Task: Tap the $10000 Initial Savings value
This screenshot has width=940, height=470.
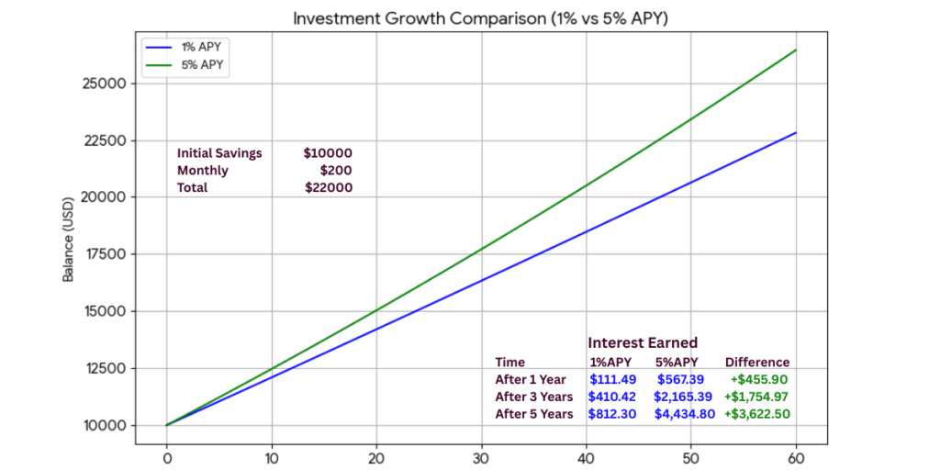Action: tap(328, 153)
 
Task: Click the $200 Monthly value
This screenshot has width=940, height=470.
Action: tap(336, 170)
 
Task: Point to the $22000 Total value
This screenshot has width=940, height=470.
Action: tap(328, 187)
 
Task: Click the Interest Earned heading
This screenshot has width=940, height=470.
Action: tap(643, 342)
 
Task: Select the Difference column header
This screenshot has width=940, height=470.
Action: tap(757, 362)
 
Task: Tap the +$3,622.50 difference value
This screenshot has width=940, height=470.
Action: tap(757, 414)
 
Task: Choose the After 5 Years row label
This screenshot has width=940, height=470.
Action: tap(534, 414)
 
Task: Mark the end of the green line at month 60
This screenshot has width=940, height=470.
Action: tap(796, 50)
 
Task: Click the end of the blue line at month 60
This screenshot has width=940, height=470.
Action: tap(796, 133)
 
